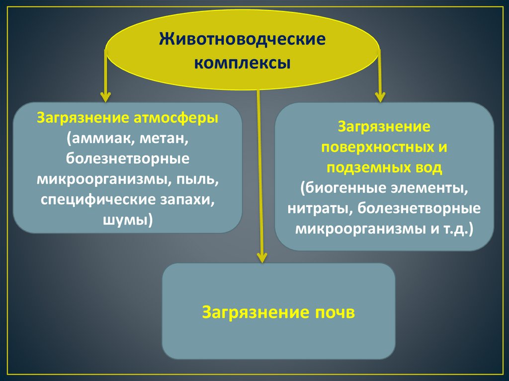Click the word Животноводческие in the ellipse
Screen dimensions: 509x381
point(242,39)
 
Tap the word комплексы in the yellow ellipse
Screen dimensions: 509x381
point(242,64)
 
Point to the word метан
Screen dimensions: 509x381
point(164,139)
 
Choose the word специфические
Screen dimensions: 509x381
point(97,199)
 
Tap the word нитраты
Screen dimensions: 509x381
point(316,209)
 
